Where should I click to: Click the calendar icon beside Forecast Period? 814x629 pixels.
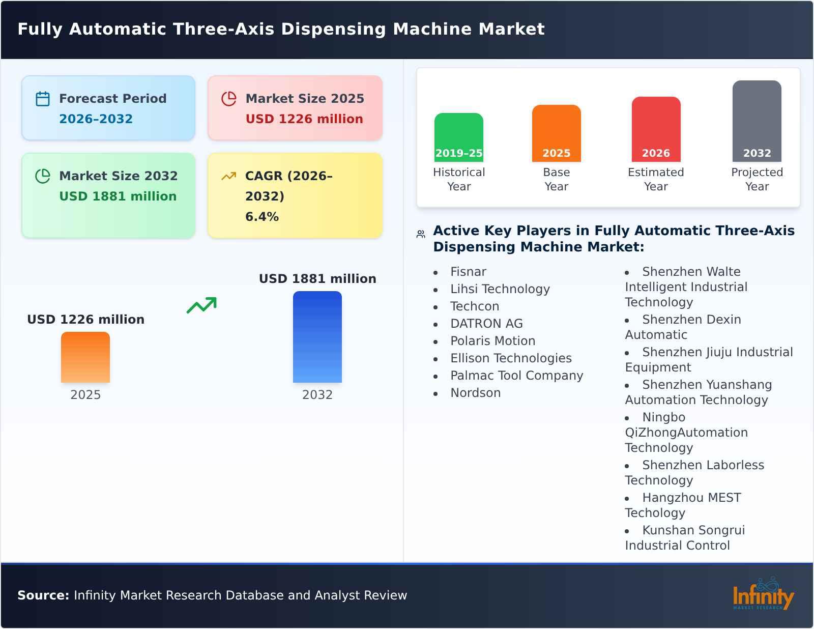(43, 99)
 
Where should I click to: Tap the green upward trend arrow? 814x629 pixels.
(202, 305)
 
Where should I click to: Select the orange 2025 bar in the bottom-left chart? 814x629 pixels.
(85, 357)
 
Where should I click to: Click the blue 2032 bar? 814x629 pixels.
(317, 337)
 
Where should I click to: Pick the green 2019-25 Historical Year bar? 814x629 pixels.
(458, 137)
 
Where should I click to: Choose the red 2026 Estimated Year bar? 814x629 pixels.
(656, 129)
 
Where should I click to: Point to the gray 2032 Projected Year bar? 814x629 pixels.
(757, 121)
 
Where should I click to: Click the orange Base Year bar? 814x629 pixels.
(556, 133)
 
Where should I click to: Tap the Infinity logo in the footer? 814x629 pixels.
(763, 594)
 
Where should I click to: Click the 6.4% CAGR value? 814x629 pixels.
(262, 217)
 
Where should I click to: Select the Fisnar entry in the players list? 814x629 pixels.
(468, 272)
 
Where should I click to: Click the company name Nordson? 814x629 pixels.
(475, 393)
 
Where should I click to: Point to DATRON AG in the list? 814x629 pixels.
(486, 324)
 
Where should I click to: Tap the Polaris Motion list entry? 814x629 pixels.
(492, 341)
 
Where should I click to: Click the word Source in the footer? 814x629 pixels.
(43, 595)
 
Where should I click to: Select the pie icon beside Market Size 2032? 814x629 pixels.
(43, 176)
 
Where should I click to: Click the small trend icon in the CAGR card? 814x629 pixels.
(229, 176)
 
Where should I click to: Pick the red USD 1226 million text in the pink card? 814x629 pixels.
(304, 119)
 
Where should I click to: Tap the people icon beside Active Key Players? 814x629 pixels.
(421, 234)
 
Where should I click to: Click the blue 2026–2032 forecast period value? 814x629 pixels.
(96, 119)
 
